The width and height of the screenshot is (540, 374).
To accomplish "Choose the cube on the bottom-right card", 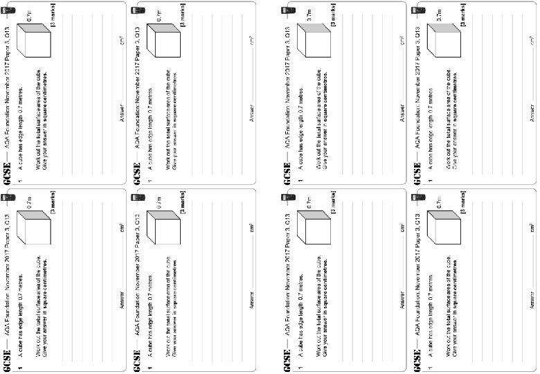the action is (x=441, y=225).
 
